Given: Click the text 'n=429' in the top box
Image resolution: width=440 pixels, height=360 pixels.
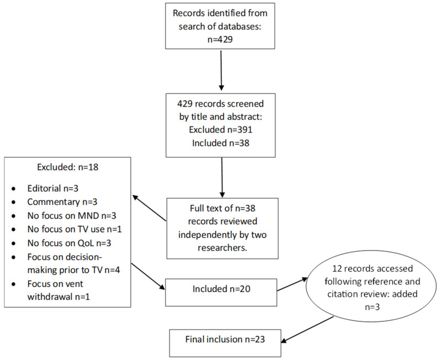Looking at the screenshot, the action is click(x=220, y=39).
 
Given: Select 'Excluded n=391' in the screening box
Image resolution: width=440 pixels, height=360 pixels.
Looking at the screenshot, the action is click(x=221, y=130).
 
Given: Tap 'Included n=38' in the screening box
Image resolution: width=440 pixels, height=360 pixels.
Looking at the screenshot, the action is click(x=221, y=143).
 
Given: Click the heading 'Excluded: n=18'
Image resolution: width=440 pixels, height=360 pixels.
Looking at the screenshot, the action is click(x=67, y=167).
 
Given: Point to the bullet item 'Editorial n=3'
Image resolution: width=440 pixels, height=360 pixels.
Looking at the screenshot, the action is click(x=53, y=188).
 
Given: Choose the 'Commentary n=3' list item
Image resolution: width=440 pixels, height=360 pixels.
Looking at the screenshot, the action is click(x=62, y=202).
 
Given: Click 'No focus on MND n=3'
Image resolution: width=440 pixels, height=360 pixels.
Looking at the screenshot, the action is click(x=72, y=216).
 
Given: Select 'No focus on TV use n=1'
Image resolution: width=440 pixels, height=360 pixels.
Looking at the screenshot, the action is click(x=75, y=229).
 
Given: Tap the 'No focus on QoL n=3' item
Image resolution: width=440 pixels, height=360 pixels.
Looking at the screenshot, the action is click(x=70, y=243).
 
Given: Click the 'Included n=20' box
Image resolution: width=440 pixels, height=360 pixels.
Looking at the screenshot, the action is click(x=221, y=293).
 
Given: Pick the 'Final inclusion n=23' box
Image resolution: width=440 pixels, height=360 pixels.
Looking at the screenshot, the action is click(x=225, y=343).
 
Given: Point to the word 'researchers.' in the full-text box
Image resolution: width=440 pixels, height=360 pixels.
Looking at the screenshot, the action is click(x=222, y=248).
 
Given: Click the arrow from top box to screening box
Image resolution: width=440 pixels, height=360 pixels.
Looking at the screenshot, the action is click(x=221, y=71).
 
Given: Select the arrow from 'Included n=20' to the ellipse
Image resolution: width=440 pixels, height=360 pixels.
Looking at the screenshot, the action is click(x=293, y=284).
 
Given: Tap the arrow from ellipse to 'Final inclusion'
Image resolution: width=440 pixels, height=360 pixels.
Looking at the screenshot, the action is click(x=308, y=330).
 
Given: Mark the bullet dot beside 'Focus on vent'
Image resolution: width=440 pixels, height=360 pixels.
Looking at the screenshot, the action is click(x=14, y=284).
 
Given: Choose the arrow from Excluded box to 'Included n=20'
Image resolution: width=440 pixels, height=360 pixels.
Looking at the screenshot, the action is click(x=148, y=277).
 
